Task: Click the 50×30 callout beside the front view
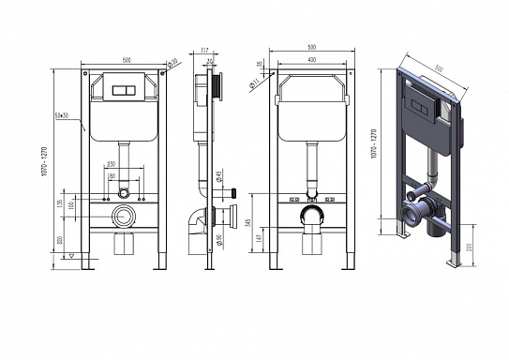pyautogui.click(x=61, y=115)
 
